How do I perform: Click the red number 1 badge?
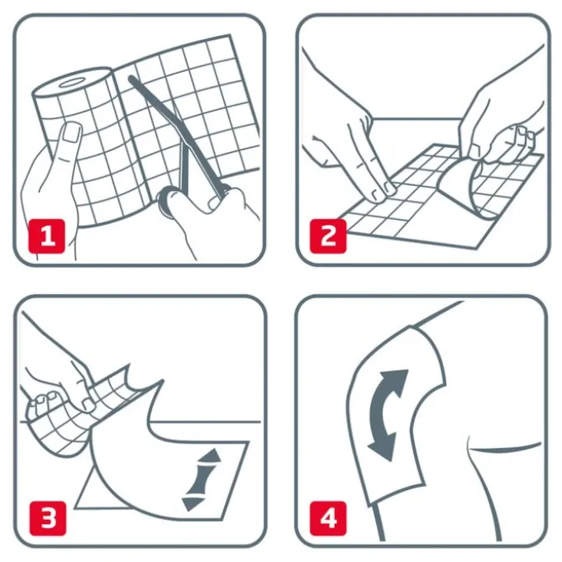(x=46, y=236)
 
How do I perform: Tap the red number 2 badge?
(x=328, y=236)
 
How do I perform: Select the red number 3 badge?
(x=48, y=518)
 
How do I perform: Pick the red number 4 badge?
(x=328, y=518)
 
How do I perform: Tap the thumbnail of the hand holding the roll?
(x=71, y=132)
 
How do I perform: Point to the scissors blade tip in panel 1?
(x=131, y=79)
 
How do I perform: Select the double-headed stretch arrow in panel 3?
(x=201, y=479)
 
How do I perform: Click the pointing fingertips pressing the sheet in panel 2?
(x=383, y=189)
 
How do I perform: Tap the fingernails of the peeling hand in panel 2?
(x=523, y=135)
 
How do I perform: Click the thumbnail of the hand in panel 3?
(x=87, y=405)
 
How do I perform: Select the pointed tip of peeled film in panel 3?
(x=163, y=381)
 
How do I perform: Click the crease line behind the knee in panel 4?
(x=503, y=447)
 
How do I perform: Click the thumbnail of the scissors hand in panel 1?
(x=214, y=203)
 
